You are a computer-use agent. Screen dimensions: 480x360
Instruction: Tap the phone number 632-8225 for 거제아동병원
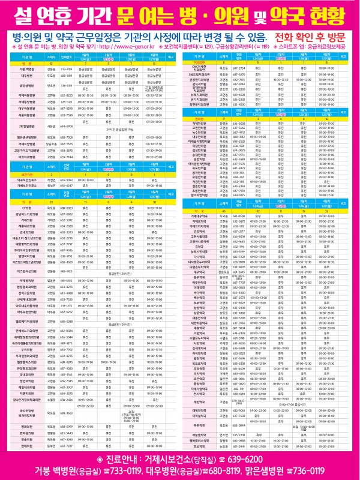[67, 95]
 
